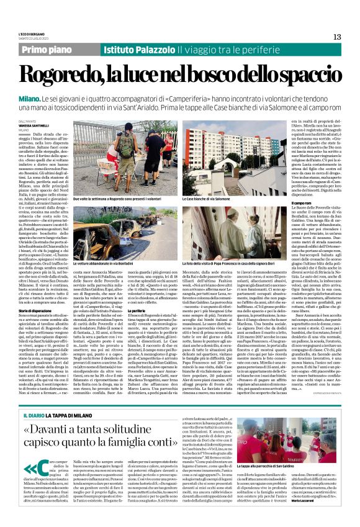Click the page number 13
(x=337, y=37)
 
